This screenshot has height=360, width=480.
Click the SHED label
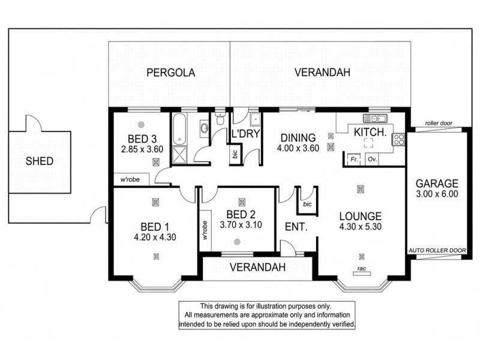[x=39, y=161]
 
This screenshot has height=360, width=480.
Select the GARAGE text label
[x=438, y=184]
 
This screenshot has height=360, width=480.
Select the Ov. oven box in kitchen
[x=372, y=160]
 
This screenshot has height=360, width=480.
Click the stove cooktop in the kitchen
[x=398, y=140]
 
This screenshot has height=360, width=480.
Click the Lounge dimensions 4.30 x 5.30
[x=360, y=227]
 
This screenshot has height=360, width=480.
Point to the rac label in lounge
[x=361, y=268]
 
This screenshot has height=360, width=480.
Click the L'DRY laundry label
[x=245, y=134]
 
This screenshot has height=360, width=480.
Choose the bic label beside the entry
[x=307, y=205]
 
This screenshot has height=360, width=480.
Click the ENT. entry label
[x=296, y=228]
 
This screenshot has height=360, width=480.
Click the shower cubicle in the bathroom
[x=180, y=154]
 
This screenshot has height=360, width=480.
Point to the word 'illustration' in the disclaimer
[x=288, y=306]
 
